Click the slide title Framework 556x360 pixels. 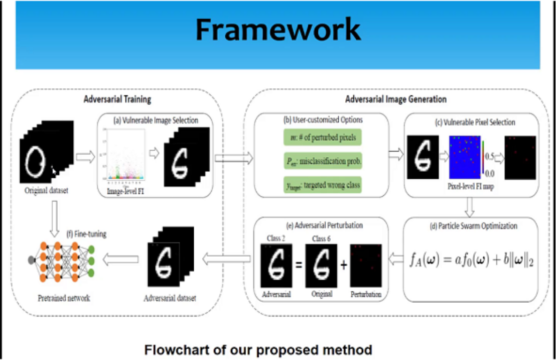(x=277, y=30)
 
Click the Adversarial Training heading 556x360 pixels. (x=117, y=99)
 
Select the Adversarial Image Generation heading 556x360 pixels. (x=396, y=99)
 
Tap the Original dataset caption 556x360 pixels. (x=46, y=191)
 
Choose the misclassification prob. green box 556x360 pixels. (x=322, y=162)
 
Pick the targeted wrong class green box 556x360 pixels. (x=322, y=185)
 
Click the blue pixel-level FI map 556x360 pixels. (x=464, y=157)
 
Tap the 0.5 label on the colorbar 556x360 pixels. (x=489, y=156)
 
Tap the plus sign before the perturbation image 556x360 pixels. (x=344, y=265)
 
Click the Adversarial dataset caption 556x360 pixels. (x=170, y=298)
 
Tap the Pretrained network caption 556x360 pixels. (x=64, y=298)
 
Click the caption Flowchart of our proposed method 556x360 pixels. (x=258, y=349)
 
